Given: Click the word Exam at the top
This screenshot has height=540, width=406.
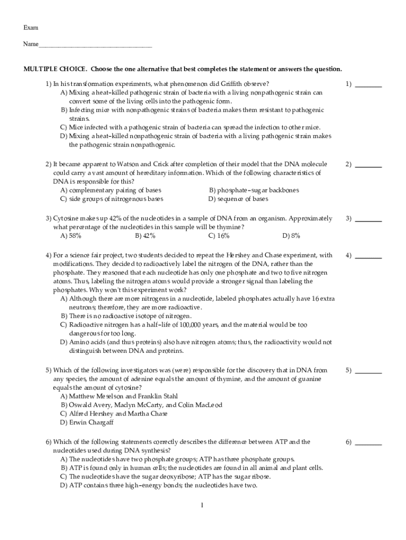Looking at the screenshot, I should (x=30, y=27).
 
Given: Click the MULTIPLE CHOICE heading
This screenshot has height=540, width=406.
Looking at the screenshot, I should (x=55, y=69).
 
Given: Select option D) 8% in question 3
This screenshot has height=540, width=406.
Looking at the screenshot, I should (x=291, y=236).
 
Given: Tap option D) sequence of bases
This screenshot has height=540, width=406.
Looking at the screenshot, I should (x=238, y=199).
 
